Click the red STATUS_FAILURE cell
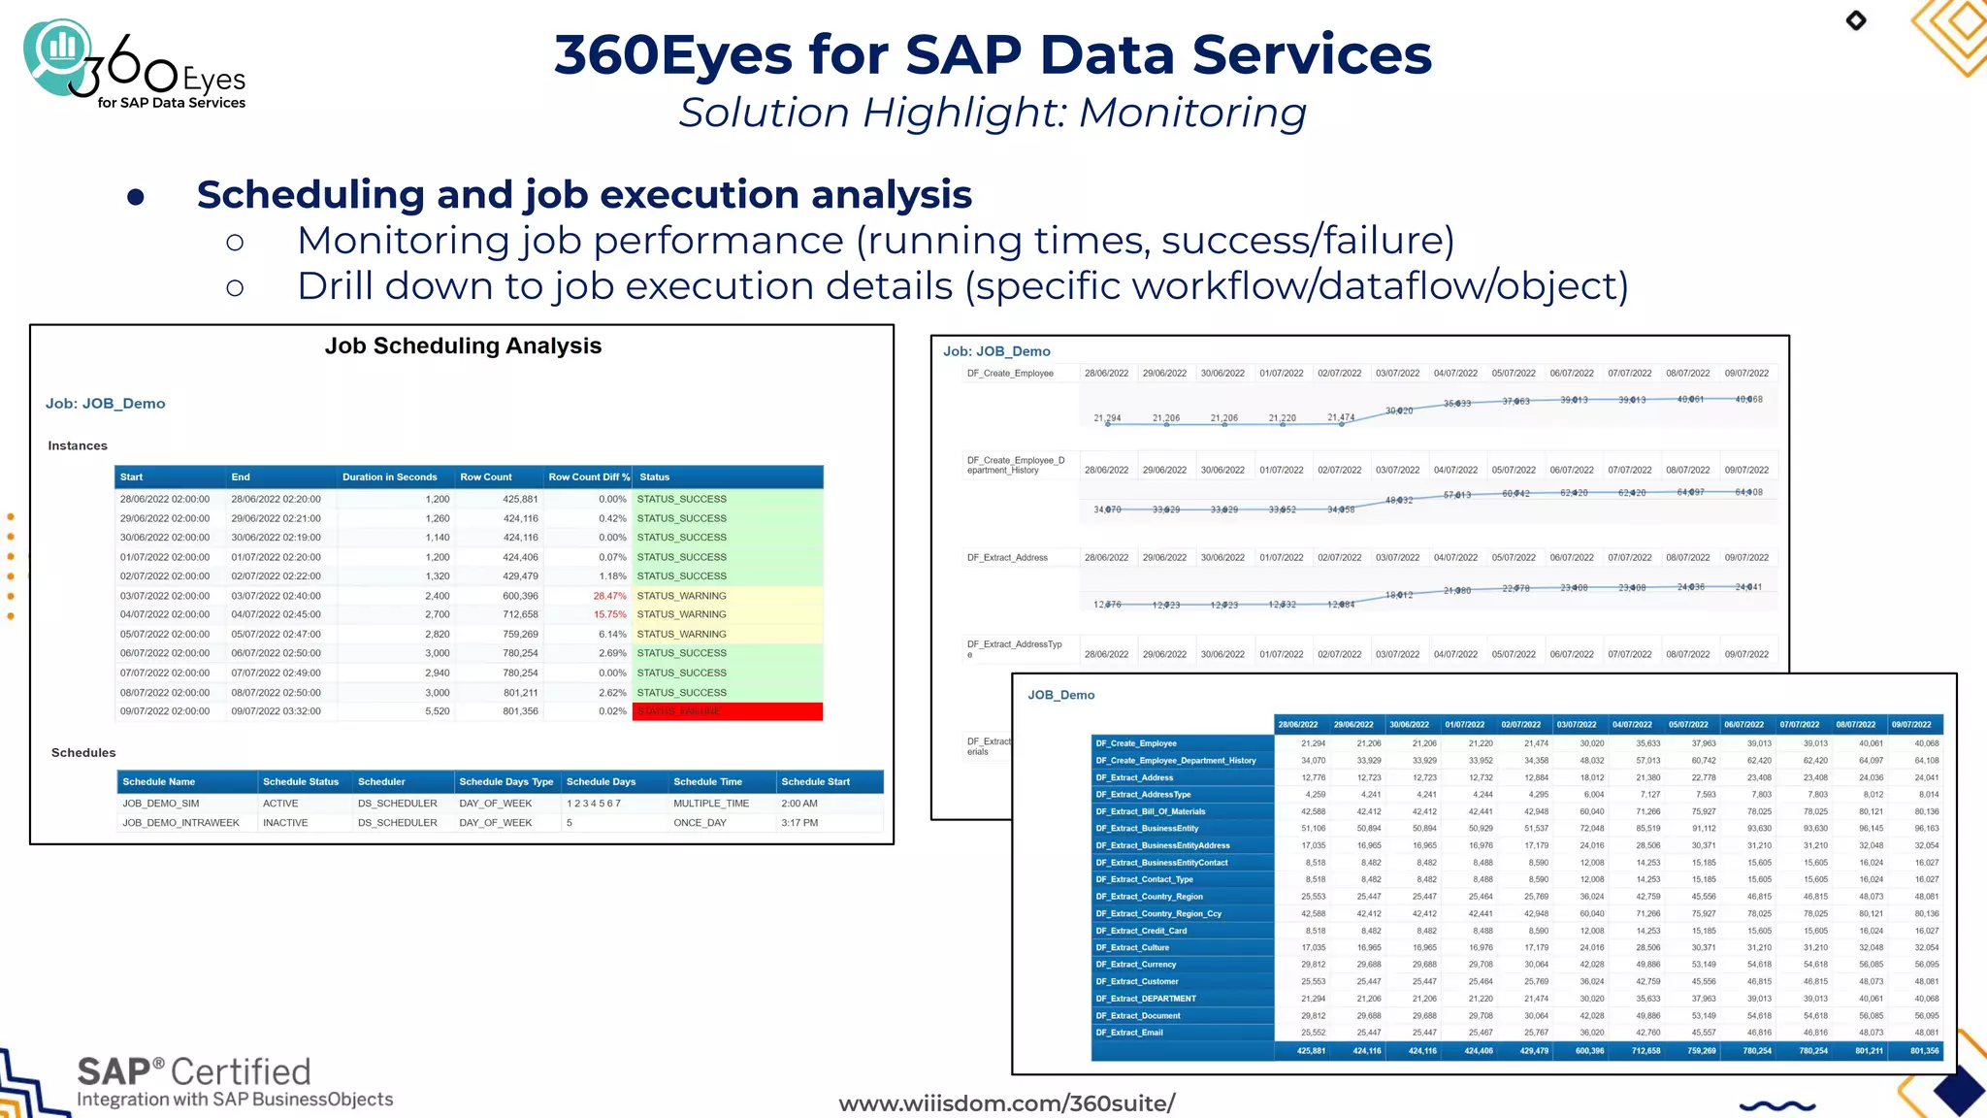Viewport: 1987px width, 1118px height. pos(727,711)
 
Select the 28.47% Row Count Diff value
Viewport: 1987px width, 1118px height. pos(609,596)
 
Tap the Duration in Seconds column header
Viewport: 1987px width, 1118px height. pos(389,477)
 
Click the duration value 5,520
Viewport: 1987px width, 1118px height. pos(437,711)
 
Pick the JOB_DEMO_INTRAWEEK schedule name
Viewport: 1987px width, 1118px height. pos(180,823)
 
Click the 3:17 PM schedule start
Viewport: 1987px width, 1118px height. pos(799,823)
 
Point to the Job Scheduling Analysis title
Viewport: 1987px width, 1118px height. pos(463,346)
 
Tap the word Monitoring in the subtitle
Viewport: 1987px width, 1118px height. pos(1192,113)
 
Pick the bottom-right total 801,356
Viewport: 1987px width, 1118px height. pos(1924,1051)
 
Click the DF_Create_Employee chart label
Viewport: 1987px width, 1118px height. pos(1010,374)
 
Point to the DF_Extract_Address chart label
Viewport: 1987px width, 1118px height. pos(1007,558)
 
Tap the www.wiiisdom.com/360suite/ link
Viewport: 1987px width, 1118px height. pos(1006,1103)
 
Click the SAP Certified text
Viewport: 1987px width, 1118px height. pos(194,1072)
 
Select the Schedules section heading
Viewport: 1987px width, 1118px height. pos(83,753)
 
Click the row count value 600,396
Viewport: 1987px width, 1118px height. pos(520,596)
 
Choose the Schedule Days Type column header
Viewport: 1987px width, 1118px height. pos(505,782)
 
